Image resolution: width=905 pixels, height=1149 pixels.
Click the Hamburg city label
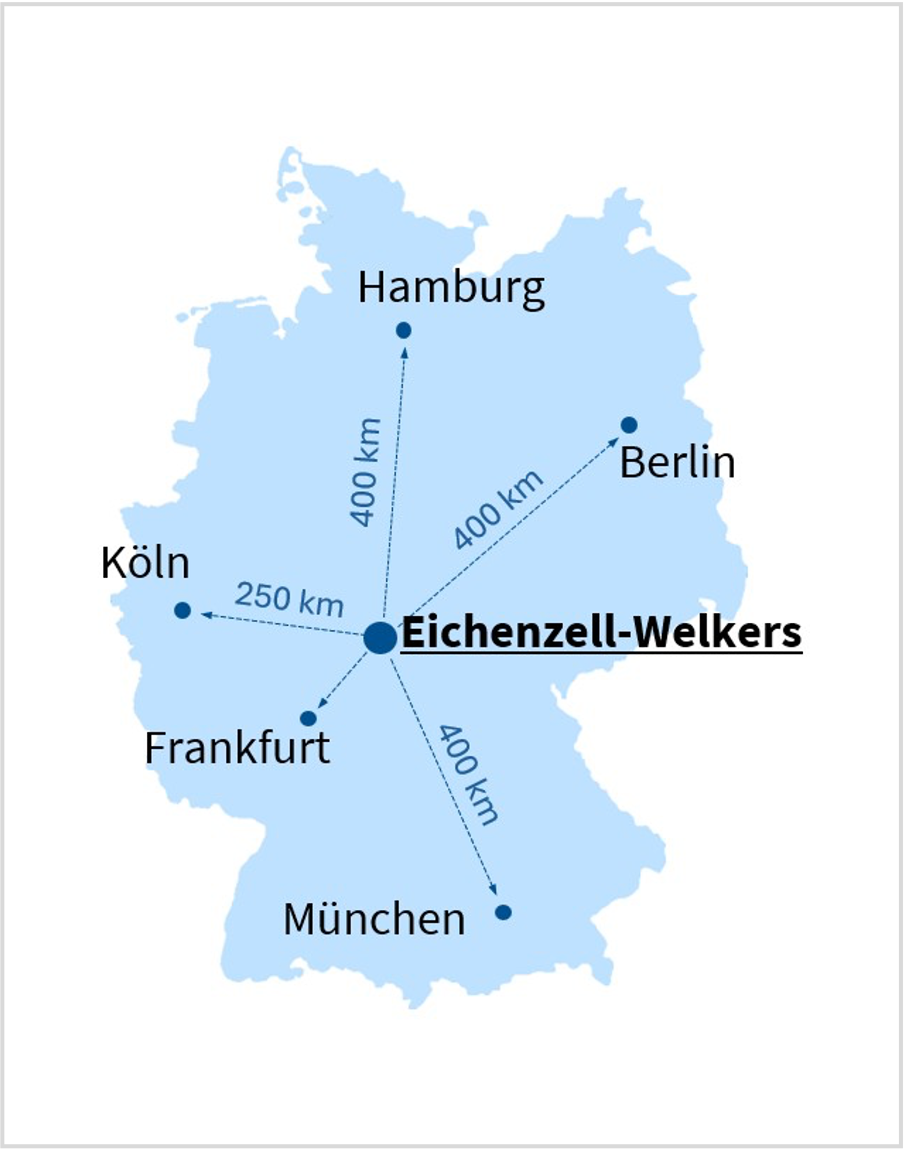click(x=451, y=288)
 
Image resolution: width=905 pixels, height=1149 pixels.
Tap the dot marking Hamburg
click(x=404, y=330)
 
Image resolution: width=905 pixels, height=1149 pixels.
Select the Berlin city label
click(x=677, y=463)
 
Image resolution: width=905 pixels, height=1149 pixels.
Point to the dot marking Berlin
click(x=629, y=425)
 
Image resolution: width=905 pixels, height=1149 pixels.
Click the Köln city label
click(x=146, y=563)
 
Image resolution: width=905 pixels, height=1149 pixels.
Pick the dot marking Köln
click(x=183, y=610)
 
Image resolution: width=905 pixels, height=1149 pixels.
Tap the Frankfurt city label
click(x=237, y=748)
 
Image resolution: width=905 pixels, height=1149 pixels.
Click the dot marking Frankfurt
click(x=308, y=718)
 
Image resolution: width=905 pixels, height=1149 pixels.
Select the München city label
click(x=374, y=920)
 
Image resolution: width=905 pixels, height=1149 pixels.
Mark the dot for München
click(x=503, y=912)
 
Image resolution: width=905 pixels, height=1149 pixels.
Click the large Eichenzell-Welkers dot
click(x=380, y=638)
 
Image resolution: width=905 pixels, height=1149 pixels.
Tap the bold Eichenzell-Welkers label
click(x=601, y=633)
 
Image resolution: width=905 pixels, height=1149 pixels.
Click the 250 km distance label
click(x=289, y=599)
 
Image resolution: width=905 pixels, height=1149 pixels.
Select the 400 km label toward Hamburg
click(x=366, y=472)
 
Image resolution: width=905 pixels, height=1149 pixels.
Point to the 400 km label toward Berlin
click(x=498, y=508)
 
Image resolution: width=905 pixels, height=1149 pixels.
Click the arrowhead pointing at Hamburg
click(x=404, y=351)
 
